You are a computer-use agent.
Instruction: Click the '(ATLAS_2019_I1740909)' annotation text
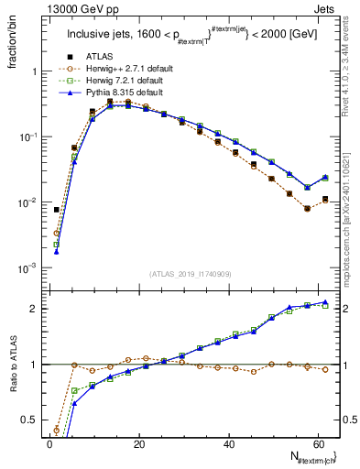(x=191, y=273)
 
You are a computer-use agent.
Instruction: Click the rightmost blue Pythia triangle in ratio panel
(x=325, y=302)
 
